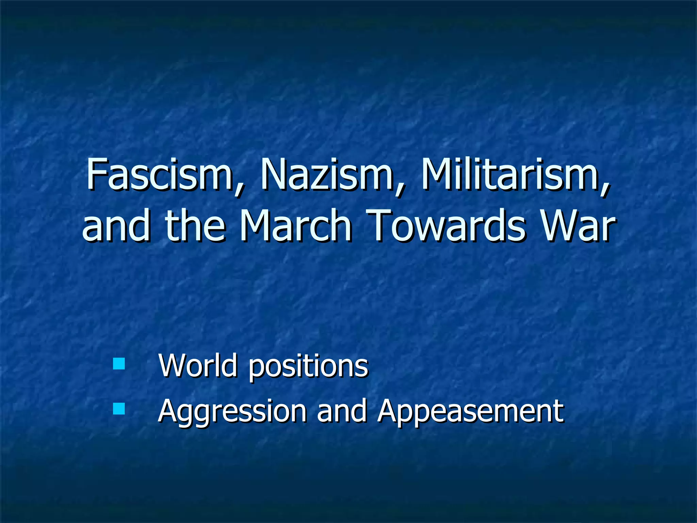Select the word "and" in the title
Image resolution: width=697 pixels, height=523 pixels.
(x=116, y=225)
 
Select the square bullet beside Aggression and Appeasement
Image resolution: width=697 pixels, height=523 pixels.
(x=119, y=409)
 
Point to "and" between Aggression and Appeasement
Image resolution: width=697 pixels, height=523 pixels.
(x=342, y=411)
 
